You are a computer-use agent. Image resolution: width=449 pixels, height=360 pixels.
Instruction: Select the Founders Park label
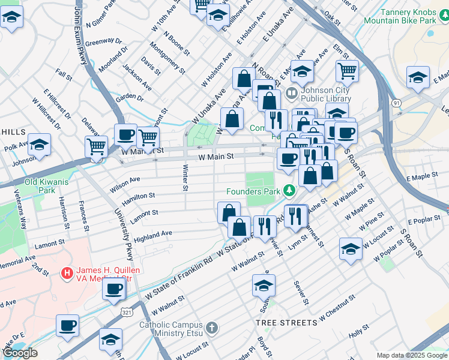(253, 191)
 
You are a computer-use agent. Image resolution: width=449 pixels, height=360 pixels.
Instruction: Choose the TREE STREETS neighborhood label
(286, 323)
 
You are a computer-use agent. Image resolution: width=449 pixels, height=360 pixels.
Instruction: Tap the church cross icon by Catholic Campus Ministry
(211, 328)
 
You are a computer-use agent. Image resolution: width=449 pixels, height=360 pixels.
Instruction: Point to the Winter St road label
(184, 179)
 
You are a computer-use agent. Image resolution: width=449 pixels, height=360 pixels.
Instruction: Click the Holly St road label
(360, 330)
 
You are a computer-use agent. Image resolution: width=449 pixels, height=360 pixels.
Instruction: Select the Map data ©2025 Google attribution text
(411, 355)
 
